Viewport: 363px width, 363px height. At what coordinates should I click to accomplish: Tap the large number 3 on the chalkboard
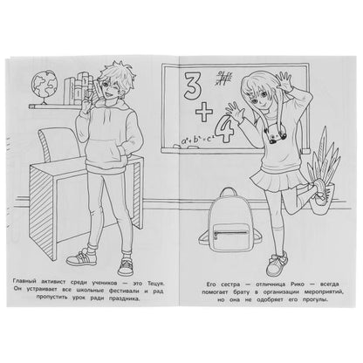click(x=192, y=86)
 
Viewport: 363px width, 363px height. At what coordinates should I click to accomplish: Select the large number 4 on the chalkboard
click(x=224, y=131)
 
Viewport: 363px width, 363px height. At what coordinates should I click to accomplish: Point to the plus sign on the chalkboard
click(x=204, y=112)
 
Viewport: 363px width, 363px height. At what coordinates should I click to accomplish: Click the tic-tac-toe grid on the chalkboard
click(x=224, y=78)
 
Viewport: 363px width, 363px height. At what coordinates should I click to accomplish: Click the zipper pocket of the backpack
click(x=230, y=234)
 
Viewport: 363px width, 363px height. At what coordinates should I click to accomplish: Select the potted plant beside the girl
click(x=323, y=173)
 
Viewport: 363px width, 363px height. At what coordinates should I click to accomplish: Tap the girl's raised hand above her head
click(x=284, y=80)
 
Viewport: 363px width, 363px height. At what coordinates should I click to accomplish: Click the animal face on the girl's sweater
click(x=273, y=133)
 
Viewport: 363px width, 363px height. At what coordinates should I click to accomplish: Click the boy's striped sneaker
click(x=82, y=257)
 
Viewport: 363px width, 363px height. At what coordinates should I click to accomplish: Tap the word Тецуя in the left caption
click(x=158, y=283)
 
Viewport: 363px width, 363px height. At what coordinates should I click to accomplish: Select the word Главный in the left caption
click(x=24, y=281)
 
